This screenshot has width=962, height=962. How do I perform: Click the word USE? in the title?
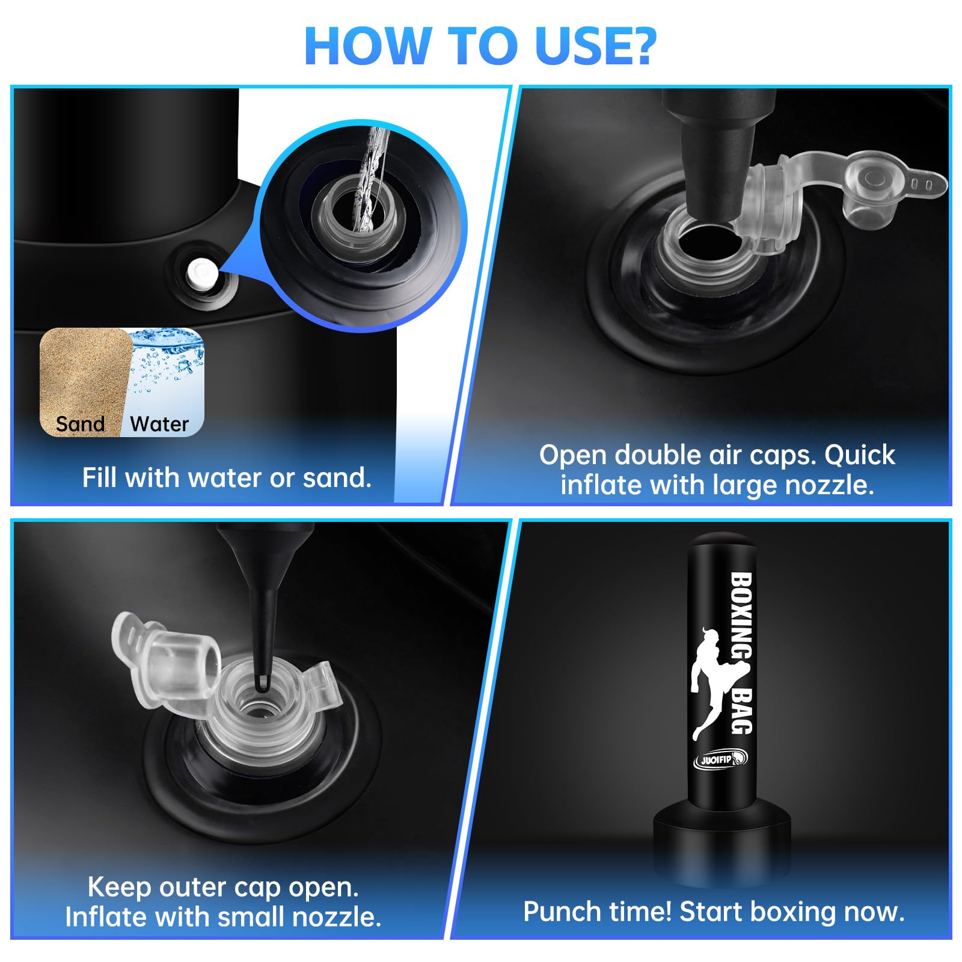pos(595,46)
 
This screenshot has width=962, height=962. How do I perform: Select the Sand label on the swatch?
pos(80,424)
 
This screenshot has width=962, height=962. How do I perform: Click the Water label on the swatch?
pos(159,424)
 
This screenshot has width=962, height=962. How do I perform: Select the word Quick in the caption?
pos(860,455)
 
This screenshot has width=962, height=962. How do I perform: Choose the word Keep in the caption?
pos(119,887)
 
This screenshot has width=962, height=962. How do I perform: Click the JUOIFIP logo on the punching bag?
pos(721,759)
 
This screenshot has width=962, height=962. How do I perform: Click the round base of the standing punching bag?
pos(721,842)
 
